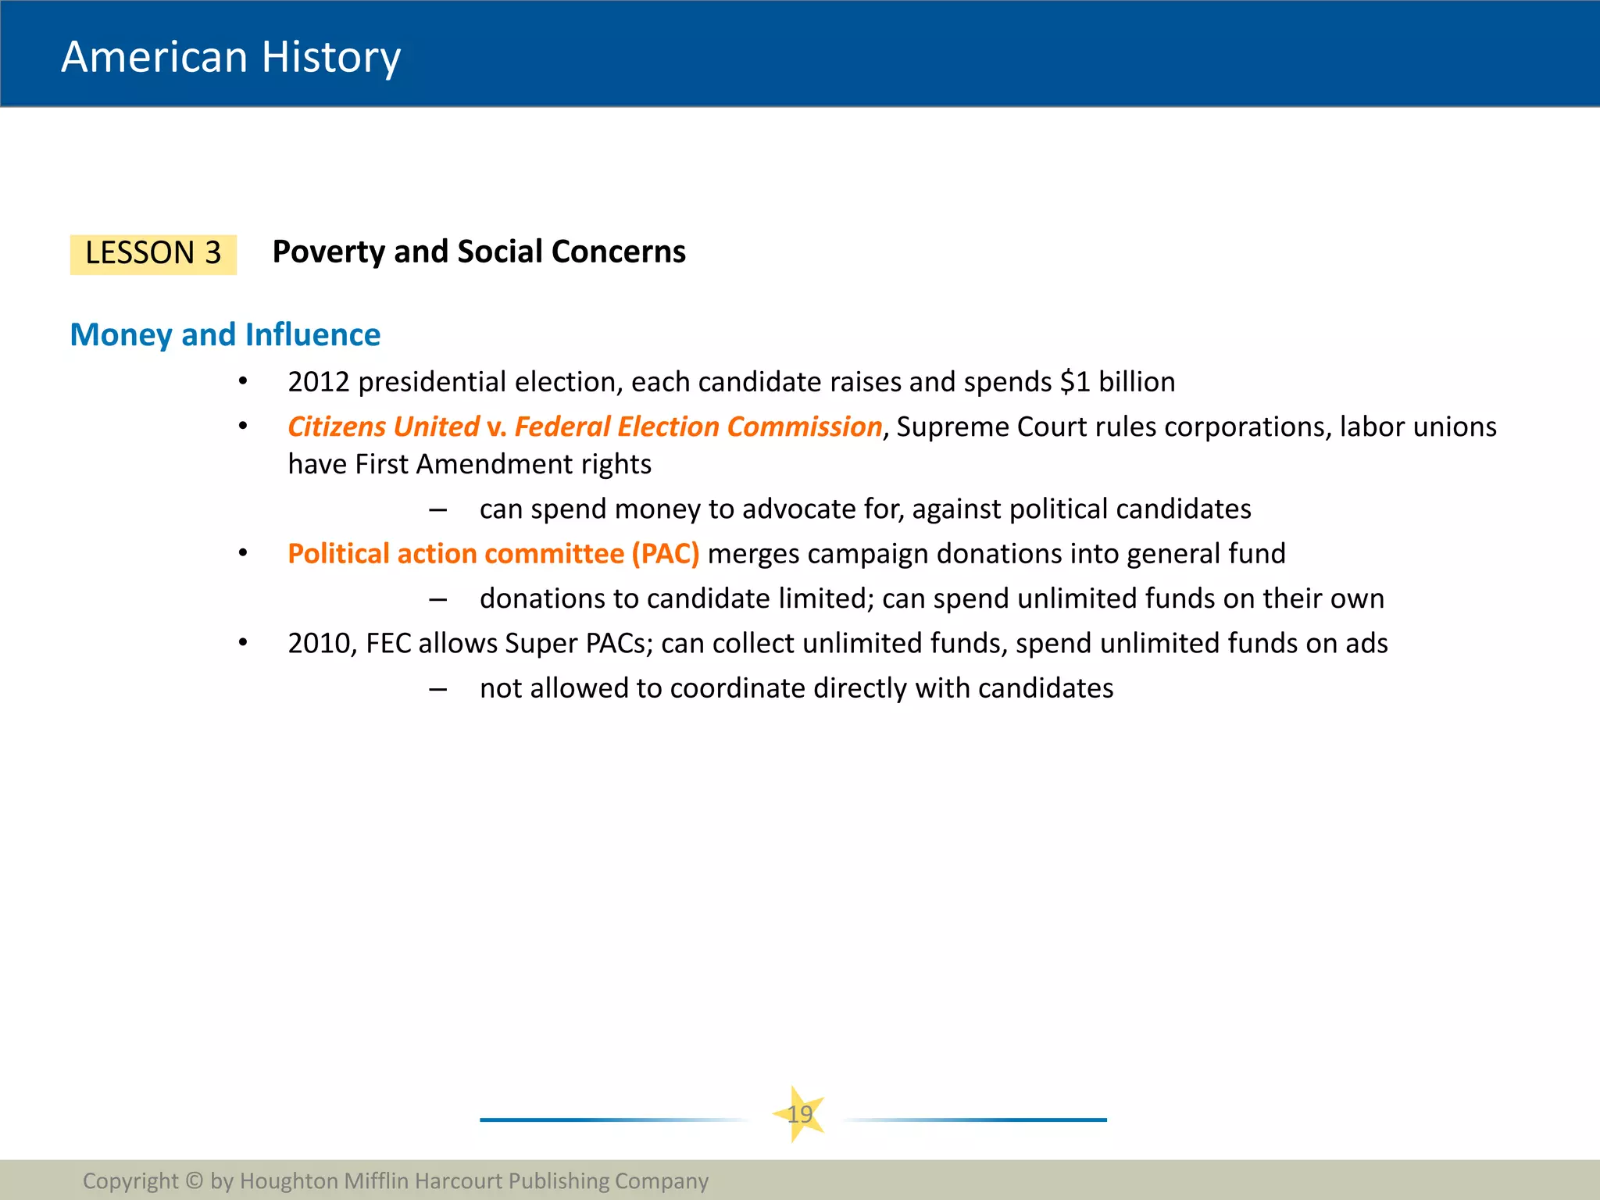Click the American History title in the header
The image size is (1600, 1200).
(x=230, y=57)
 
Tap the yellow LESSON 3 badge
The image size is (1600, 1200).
(x=153, y=254)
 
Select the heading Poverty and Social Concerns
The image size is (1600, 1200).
(x=478, y=252)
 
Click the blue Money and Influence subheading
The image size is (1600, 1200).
(x=225, y=334)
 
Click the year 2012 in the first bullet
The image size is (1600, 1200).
(x=318, y=382)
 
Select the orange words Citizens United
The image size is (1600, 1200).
(x=383, y=427)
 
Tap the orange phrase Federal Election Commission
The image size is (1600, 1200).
(x=698, y=427)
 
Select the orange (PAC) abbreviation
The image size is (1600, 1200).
(x=665, y=554)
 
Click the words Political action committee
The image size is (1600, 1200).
(x=455, y=554)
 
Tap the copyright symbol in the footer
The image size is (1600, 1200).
(x=195, y=1180)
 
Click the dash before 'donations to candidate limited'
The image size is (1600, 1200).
(x=437, y=599)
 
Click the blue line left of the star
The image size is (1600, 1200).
(x=609, y=1120)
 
